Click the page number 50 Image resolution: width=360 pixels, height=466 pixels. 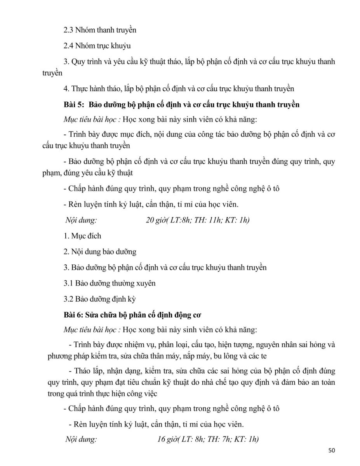coord(331,450)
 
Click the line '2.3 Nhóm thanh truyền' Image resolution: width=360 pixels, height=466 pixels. coord(100,30)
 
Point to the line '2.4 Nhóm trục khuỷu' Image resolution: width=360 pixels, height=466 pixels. coord(97,45)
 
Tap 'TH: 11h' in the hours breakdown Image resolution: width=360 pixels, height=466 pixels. coord(210,220)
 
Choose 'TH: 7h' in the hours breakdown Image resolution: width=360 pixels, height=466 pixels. coord(220,440)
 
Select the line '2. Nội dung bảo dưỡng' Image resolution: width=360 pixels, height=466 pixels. coord(100,252)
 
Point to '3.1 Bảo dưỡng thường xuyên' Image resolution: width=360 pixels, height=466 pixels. coord(110,283)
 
